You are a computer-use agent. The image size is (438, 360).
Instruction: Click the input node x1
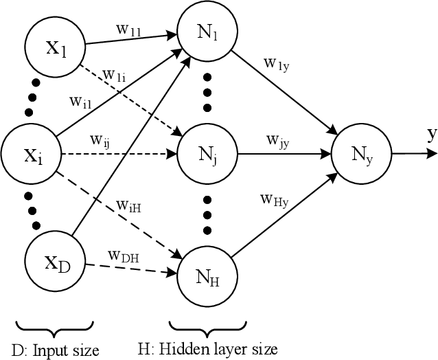(x=54, y=48)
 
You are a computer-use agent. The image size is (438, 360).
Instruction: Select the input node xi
(x=30, y=155)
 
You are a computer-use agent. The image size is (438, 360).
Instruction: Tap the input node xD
(x=54, y=262)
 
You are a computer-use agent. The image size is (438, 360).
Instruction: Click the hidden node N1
(x=207, y=32)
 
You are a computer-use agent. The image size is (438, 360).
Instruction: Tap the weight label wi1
(x=82, y=102)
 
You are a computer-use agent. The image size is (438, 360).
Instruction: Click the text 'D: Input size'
(x=56, y=351)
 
